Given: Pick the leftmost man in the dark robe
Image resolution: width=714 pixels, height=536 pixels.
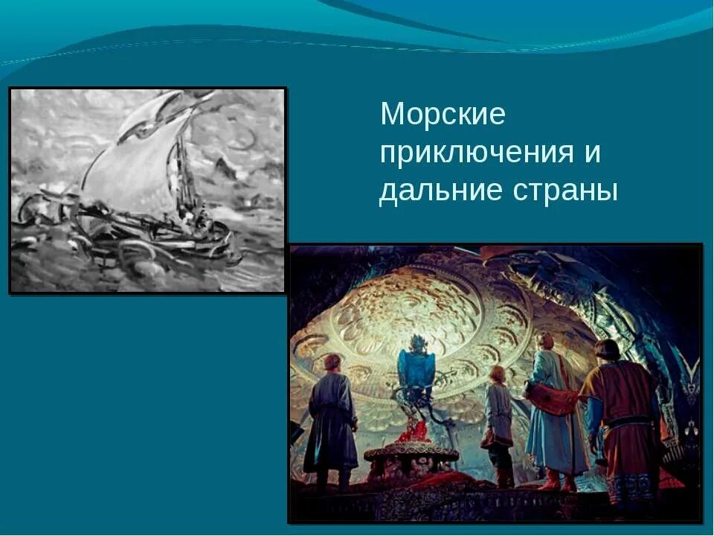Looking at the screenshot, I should tap(331, 424).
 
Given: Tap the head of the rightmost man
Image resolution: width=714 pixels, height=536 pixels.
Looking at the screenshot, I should tap(606, 351).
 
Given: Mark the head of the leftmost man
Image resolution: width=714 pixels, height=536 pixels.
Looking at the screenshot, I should tap(332, 363).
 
